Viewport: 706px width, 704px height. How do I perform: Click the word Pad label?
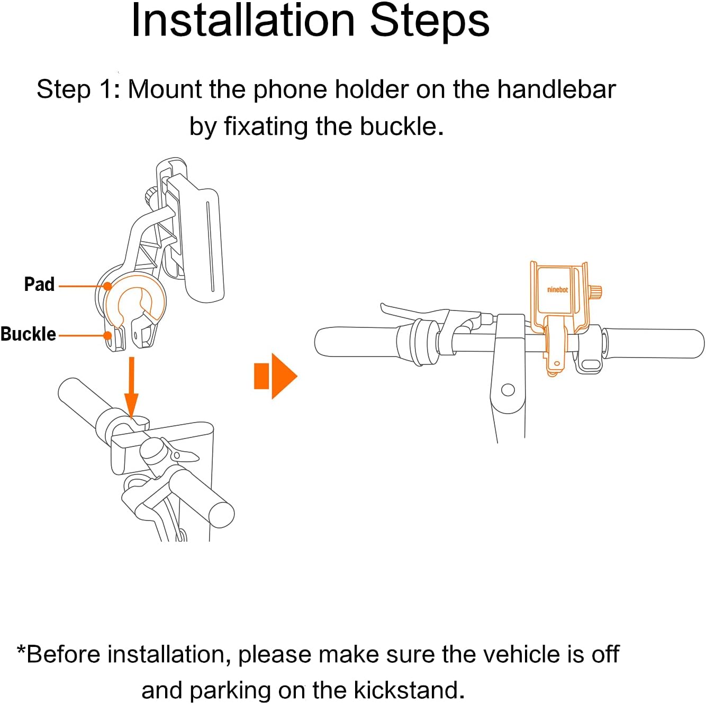(x=39, y=284)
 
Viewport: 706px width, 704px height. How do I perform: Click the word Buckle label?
(x=28, y=334)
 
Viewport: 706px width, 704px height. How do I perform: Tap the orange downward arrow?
(x=132, y=388)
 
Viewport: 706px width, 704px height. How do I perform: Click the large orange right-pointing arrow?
(x=276, y=376)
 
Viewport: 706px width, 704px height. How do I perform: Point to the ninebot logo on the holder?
(x=557, y=290)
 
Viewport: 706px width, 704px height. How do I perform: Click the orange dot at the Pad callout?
(x=107, y=286)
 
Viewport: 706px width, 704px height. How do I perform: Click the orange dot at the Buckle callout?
(x=107, y=335)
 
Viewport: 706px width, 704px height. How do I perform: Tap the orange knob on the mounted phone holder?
(x=596, y=292)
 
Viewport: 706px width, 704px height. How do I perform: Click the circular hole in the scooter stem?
(x=508, y=389)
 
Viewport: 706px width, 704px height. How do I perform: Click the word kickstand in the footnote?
(x=406, y=690)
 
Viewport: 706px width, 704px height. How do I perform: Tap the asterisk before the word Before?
(x=21, y=651)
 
